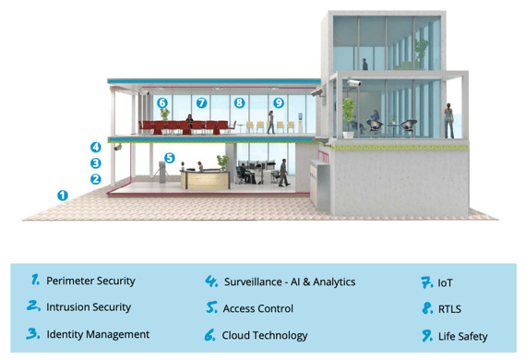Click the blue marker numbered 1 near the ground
pyautogui.click(x=63, y=195)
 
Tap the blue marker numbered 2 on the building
pyautogui.click(x=94, y=178)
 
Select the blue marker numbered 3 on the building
pyautogui.click(x=94, y=162)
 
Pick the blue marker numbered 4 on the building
pyautogui.click(x=94, y=147)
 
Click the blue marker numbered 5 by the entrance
pyautogui.click(x=169, y=158)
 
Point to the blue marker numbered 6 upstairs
pyautogui.click(x=162, y=102)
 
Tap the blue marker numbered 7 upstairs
pyautogui.click(x=201, y=102)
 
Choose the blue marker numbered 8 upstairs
pyautogui.click(x=239, y=102)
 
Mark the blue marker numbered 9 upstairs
pyautogui.click(x=278, y=102)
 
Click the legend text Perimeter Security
pyautogui.click(x=90, y=281)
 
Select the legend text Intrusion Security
pyautogui.click(x=89, y=307)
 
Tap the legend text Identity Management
pyautogui.click(x=98, y=334)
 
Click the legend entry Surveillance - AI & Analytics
pyautogui.click(x=290, y=282)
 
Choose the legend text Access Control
pyautogui.click(x=258, y=308)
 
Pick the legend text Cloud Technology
pyautogui.click(x=265, y=335)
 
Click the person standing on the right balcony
pyautogui.click(x=448, y=119)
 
